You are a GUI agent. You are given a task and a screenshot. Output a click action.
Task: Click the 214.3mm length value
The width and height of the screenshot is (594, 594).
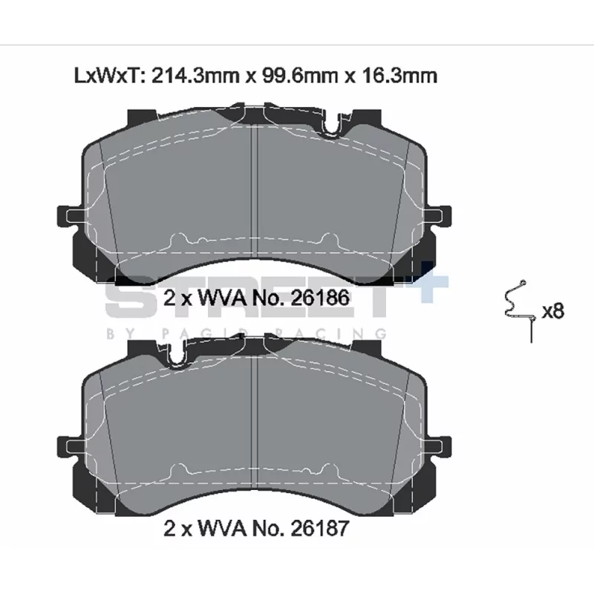[195, 76]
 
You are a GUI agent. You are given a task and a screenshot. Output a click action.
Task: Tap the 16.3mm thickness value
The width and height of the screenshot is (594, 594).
[399, 76]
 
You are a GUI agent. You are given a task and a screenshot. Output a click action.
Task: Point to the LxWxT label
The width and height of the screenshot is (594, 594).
[108, 76]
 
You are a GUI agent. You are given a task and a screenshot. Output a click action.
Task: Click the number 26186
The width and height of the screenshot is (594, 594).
[320, 298]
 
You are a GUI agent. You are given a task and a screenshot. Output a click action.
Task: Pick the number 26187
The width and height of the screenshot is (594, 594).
[320, 528]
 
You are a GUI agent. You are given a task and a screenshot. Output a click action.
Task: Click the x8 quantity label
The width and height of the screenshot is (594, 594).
[552, 311]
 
